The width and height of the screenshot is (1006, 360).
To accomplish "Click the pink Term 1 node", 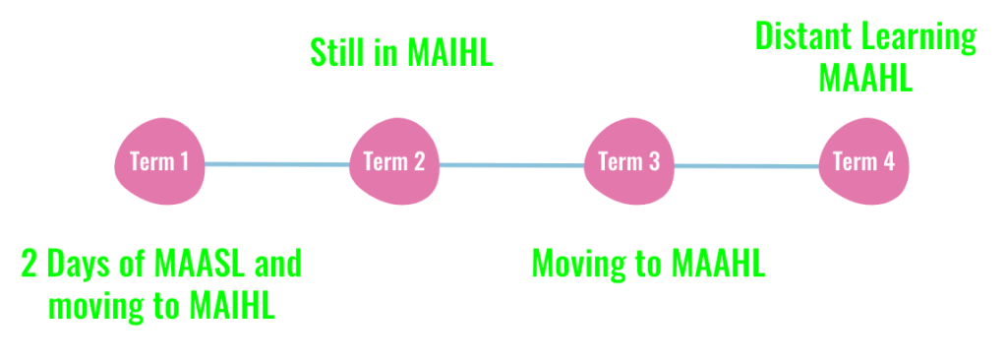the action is coord(159,161).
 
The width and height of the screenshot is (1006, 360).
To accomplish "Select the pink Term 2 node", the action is coord(394,161).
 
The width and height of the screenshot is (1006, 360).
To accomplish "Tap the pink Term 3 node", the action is coord(628,161).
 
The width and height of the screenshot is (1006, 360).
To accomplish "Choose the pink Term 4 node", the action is coord(863,161).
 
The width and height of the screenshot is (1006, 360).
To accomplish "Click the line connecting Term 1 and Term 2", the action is coord(277,164).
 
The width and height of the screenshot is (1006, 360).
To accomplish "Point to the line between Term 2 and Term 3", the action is coord(512,165).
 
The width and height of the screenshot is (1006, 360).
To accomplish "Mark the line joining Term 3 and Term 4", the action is coord(746,166).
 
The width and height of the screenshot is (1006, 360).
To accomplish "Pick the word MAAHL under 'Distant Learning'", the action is coord(865,79).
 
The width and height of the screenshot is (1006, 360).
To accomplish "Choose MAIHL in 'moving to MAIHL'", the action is coord(232,306).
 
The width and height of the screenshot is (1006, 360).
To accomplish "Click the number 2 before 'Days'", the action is coord(30,263).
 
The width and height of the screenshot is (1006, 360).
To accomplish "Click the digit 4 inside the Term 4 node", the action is coord(888,161).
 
